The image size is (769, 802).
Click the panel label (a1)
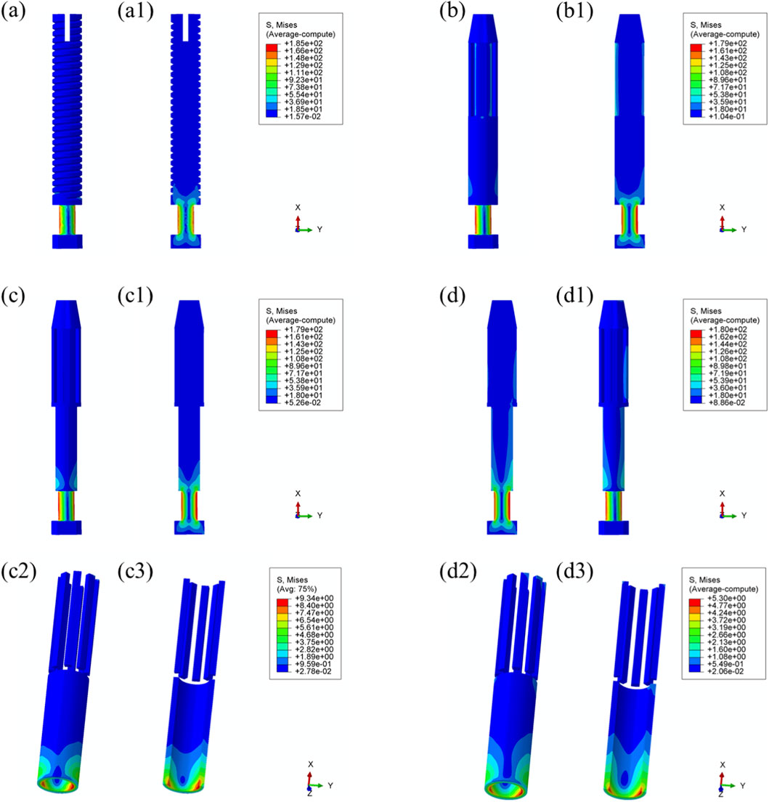point(136,11)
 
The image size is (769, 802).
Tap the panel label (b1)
point(574,11)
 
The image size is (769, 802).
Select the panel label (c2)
point(19,571)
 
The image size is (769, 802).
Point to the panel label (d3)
point(574,571)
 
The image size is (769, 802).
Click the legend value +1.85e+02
point(304,44)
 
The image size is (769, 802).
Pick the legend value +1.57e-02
point(304,117)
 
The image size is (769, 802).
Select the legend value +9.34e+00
point(314,598)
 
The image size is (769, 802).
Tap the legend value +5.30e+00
point(727,598)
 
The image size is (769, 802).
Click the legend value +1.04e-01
point(728,117)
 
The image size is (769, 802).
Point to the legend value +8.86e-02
point(728,402)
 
